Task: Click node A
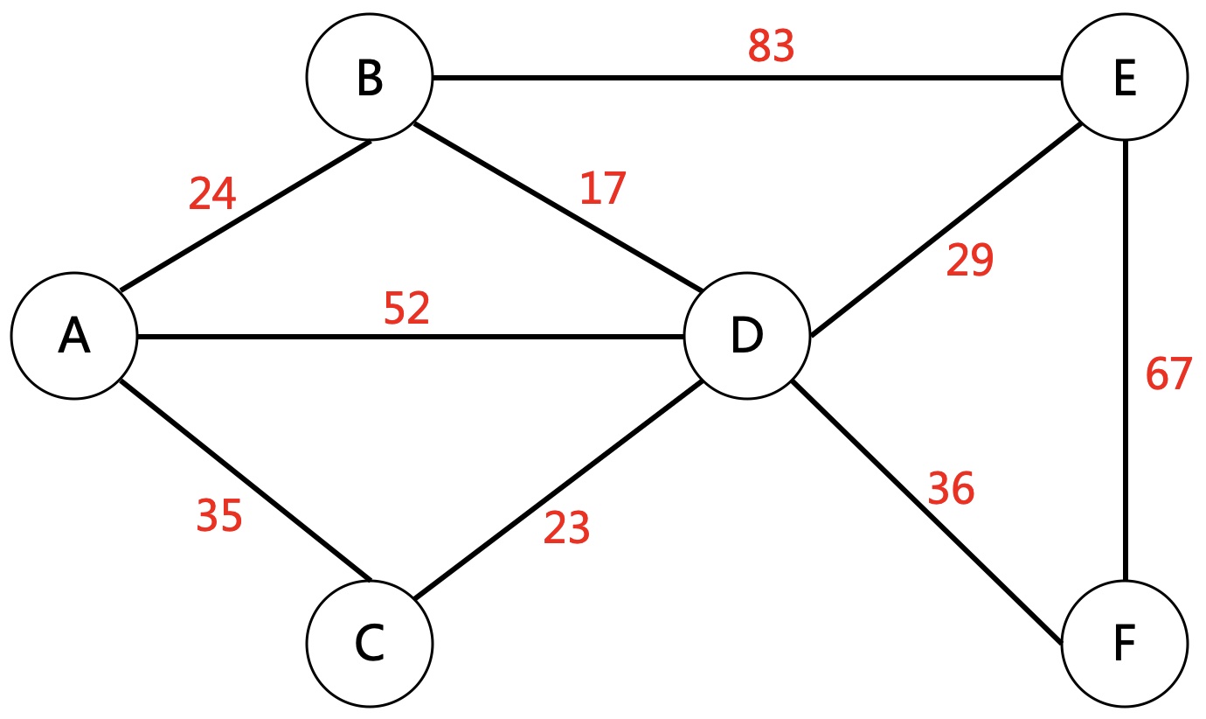point(73,337)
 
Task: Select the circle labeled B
point(370,78)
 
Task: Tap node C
point(370,644)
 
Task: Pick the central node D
point(746,337)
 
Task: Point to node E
point(1125,78)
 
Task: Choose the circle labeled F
point(1125,644)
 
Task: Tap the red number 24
point(212,194)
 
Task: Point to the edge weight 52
point(407,308)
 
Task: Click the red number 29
point(970,260)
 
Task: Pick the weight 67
point(1168,374)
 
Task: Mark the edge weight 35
point(218,516)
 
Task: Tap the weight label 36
point(951,489)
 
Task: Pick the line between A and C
point(245,479)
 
